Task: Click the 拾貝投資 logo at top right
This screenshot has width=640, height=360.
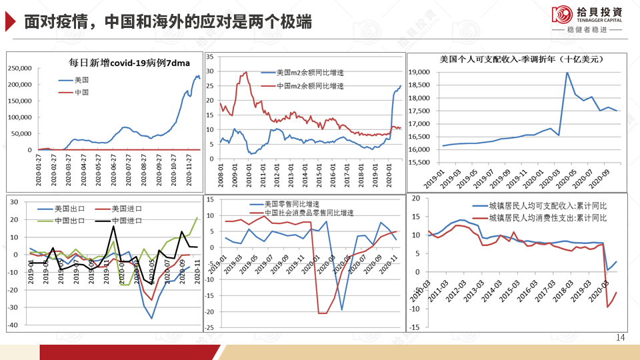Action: (587, 16)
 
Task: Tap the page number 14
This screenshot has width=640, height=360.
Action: (621, 338)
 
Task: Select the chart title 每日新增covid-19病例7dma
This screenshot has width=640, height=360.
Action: (130, 63)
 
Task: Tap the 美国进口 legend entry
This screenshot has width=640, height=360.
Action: (124, 209)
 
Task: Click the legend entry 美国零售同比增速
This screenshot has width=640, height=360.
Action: (294, 204)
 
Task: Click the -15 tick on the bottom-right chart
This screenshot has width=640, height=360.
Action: (414, 327)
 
